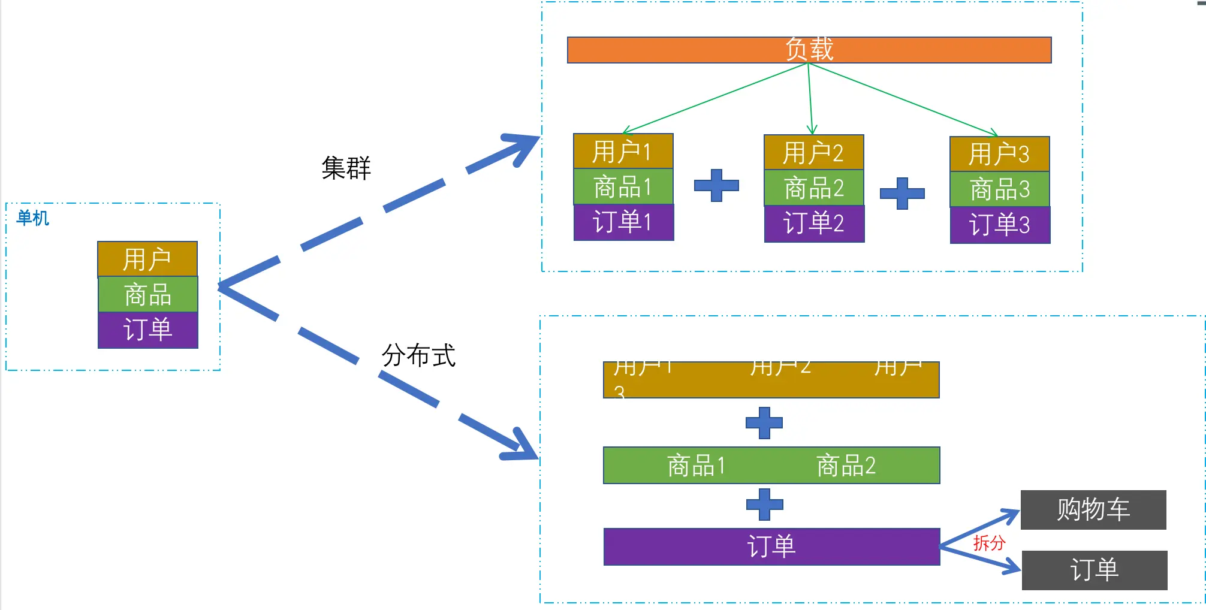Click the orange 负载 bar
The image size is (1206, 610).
809,50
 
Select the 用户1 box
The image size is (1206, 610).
623,151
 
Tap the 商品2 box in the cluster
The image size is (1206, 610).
813,188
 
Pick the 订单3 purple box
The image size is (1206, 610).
999,225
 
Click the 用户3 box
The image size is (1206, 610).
999,154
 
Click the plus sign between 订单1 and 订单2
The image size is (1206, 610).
716,185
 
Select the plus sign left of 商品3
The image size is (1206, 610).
902,193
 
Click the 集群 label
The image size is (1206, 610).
346,168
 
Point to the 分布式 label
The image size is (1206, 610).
418,355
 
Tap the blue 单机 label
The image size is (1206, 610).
32,218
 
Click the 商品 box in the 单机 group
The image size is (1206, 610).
147,294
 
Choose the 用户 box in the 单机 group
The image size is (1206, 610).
147,259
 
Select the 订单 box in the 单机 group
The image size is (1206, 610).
147,330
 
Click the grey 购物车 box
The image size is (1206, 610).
1093,509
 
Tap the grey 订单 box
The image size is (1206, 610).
1094,570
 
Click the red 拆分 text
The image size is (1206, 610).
989,543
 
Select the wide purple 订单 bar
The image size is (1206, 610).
771,546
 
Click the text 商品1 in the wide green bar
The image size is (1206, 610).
696,466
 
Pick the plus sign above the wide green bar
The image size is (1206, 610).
764,423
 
